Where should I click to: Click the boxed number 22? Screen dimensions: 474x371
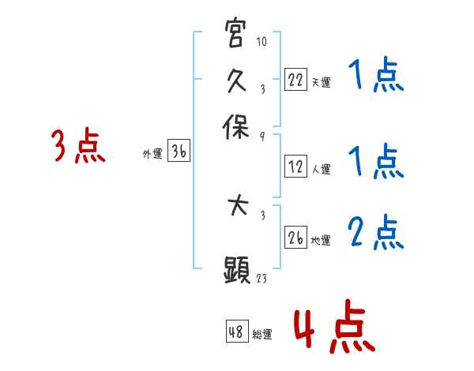click(296, 80)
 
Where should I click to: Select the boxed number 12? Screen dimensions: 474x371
click(296, 167)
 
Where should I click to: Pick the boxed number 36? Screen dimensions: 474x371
click(179, 152)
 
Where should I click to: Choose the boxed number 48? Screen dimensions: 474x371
click(237, 332)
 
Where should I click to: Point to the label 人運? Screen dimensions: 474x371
click(321, 169)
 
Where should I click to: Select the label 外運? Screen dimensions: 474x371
click(152, 155)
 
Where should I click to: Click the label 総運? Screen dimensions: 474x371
click(262, 334)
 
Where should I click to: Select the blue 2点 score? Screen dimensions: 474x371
click(375, 233)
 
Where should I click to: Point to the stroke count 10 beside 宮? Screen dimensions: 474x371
click(262, 41)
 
